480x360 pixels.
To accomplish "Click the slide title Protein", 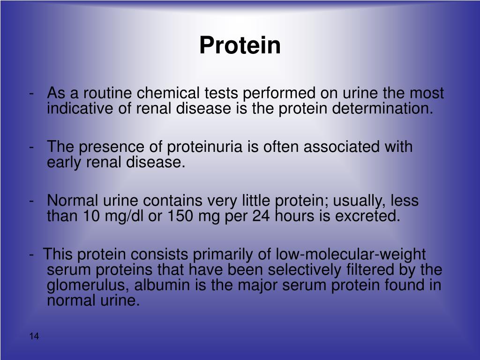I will click(x=240, y=45).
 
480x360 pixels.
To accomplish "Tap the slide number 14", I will click(x=34, y=337).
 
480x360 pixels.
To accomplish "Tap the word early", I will click(x=65, y=162).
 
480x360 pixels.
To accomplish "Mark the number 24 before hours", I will click(x=257, y=216).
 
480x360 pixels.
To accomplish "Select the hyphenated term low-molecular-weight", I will click(x=351, y=255).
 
